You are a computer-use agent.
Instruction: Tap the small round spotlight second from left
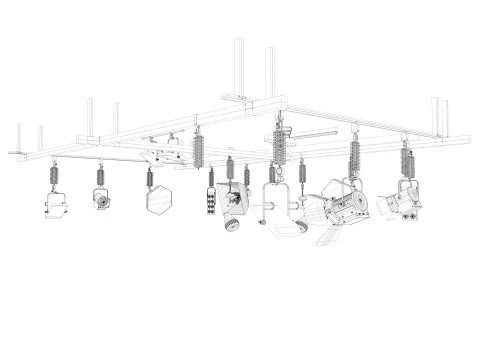101,199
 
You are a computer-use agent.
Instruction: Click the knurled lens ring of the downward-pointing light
233,222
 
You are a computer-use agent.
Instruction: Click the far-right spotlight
400,204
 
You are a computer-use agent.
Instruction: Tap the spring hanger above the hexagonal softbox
150,179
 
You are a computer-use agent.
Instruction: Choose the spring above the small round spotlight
100,176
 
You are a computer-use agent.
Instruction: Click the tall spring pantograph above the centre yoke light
278,145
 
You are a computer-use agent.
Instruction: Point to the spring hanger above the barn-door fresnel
354,155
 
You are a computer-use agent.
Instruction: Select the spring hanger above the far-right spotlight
406,160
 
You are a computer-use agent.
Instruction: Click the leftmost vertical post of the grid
19,138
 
